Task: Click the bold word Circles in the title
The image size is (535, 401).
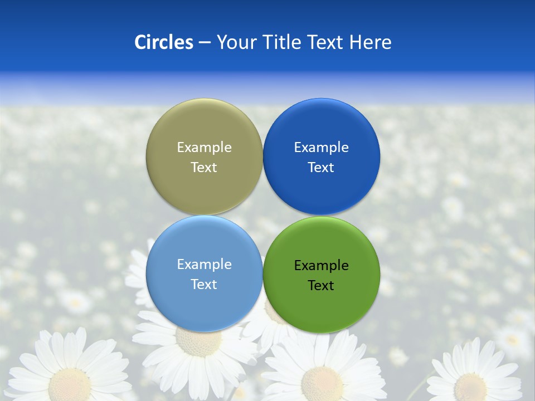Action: pyautogui.click(x=164, y=42)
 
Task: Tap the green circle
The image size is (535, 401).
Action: pyautogui.click(x=321, y=304)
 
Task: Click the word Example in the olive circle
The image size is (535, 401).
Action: pyautogui.click(x=204, y=148)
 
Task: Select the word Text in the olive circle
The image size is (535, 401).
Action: pyautogui.click(x=204, y=168)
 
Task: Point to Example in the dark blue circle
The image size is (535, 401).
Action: pyautogui.click(x=321, y=148)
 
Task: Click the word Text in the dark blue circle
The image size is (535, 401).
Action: pyautogui.click(x=321, y=168)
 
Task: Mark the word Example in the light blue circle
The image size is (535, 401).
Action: pyautogui.click(x=204, y=265)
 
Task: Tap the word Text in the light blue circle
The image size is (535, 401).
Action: pyautogui.click(x=204, y=285)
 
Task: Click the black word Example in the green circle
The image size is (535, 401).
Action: pyautogui.click(x=321, y=266)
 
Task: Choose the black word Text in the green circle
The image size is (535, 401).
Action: pyautogui.click(x=321, y=286)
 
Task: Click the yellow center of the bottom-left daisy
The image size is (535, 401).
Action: pyautogui.click(x=70, y=384)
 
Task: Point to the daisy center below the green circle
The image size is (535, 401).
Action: pyautogui.click(x=322, y=383)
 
